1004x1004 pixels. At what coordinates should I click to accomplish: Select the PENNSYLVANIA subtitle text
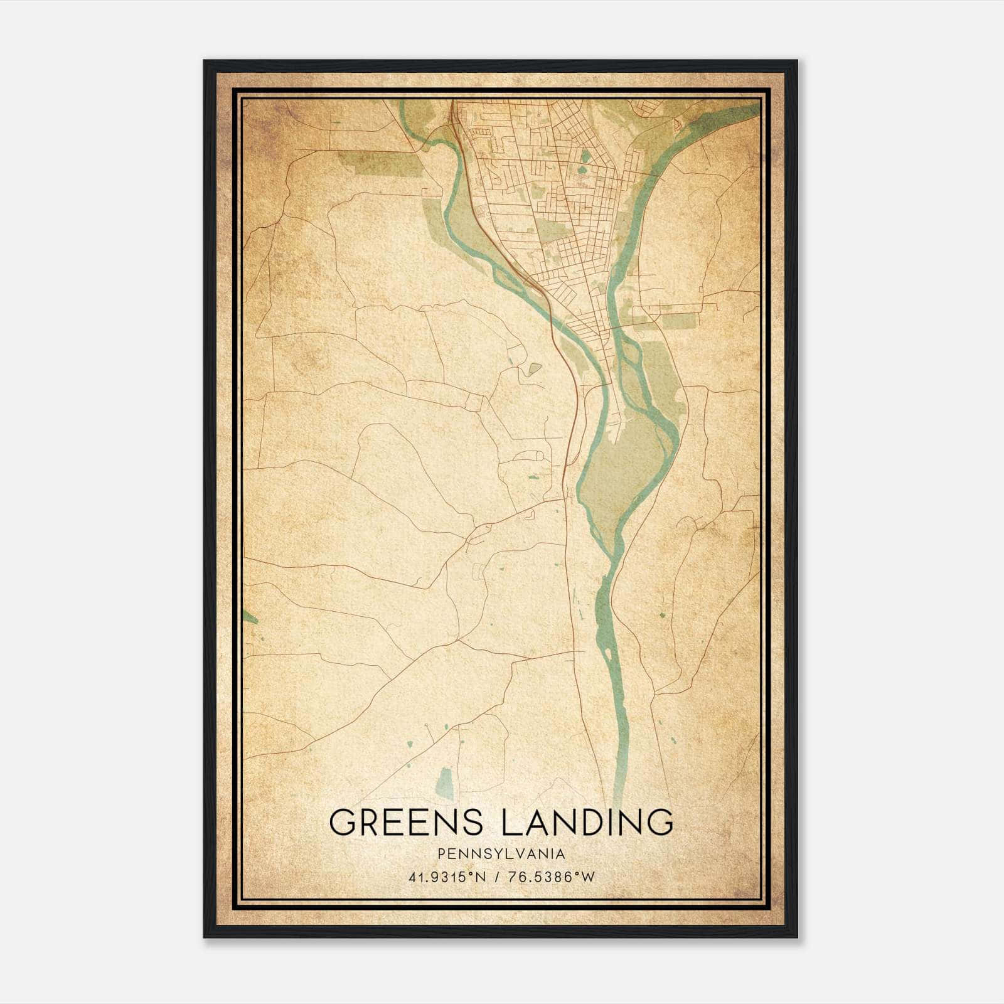[501, 854]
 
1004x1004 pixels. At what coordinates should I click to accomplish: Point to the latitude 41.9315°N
[447, 877]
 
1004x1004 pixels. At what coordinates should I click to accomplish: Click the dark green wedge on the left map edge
[249, 616]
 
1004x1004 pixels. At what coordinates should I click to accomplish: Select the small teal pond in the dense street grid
[585, 155]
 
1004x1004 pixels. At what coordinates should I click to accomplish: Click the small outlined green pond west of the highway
[533, 369]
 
